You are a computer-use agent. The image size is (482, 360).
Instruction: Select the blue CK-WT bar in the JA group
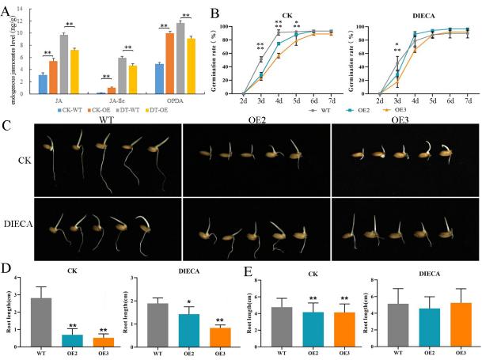(x=44, y=84)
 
